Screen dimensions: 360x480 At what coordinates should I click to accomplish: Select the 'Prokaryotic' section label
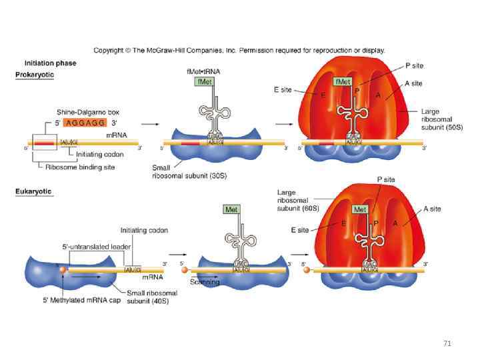click(35, 75)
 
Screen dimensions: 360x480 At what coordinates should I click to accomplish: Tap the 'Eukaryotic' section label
click(33, 192)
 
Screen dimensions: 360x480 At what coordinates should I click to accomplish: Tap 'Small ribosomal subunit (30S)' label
click(179, 172)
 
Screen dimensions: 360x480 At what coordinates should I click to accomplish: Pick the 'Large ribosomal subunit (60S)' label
click(298, 201)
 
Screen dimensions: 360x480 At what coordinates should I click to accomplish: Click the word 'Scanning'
click(205, 282)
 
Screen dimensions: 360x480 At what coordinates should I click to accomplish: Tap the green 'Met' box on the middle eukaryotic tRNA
click(231, 209)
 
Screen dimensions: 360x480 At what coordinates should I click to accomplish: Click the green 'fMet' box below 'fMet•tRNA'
click(204, 81)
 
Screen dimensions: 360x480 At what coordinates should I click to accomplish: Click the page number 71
click(447, 344)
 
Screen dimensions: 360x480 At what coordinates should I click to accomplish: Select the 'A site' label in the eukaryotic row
click(431, 209)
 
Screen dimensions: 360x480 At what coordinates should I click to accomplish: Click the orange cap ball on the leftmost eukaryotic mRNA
click(63, 269)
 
